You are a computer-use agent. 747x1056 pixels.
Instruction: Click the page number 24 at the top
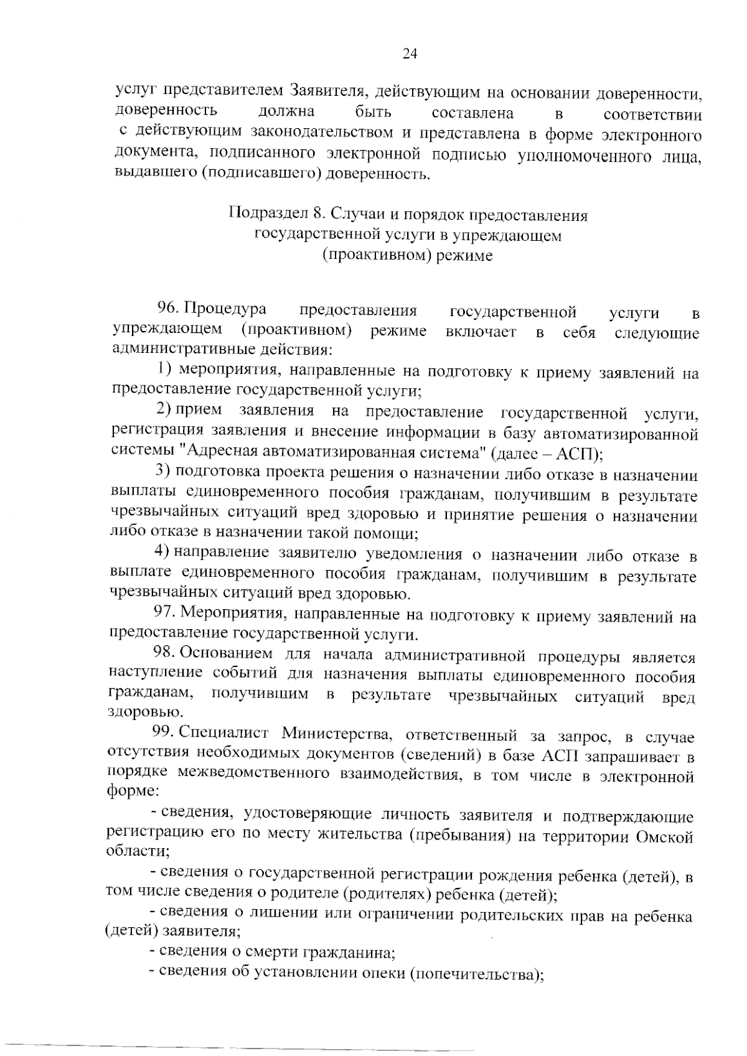(410, 54)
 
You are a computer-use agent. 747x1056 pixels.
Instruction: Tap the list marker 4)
(162, 552)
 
